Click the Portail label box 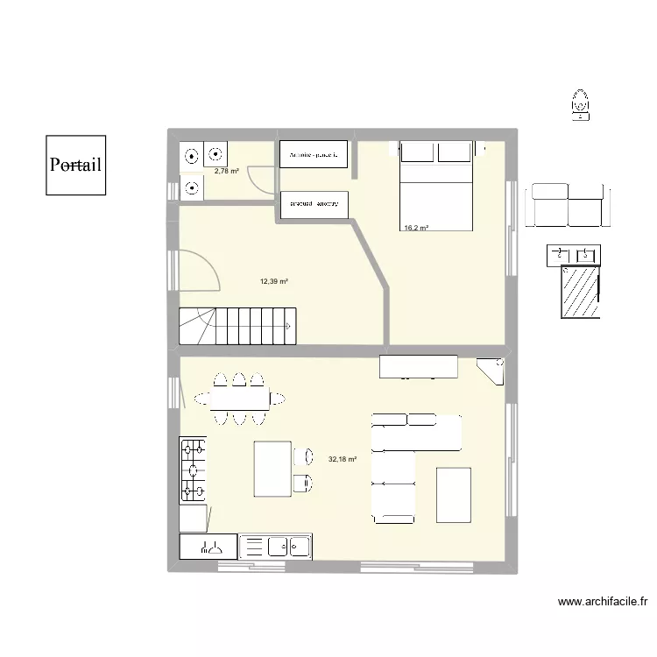(75, 165)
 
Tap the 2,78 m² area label (227, 172)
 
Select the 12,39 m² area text (274, 281)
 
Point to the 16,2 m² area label (416, 229)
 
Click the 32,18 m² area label (343, 458)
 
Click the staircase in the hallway (237, 326)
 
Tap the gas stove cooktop (194, 471)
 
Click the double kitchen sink (288, 546)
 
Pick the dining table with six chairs (238, 399)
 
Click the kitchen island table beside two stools (272, 469)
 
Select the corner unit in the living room (492, 370)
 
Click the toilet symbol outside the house (580, 103)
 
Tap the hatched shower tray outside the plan (579, 293)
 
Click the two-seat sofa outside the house (568, 206)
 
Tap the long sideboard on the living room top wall (418, 366)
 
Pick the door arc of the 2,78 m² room (261, 180)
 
